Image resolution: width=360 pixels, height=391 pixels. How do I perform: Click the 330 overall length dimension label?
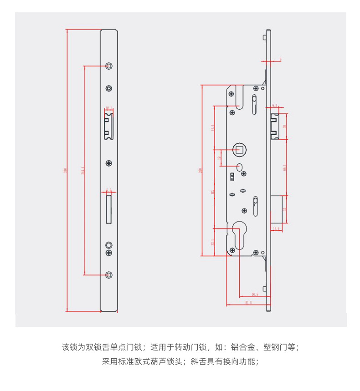click(x=66, y=171)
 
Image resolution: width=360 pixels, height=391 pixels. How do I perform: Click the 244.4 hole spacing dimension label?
click(x=82, y=171)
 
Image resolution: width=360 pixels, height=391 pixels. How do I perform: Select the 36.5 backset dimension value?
click(x=255, y=295)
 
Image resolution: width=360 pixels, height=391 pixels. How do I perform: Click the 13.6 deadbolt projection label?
click(x=276, y=229)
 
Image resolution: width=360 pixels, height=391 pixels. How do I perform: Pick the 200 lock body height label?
click(x=200, y=171)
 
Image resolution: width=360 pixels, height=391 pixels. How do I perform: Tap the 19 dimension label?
click(x=220, y=158)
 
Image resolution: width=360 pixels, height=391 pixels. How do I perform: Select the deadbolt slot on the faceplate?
click(x=108, y=208)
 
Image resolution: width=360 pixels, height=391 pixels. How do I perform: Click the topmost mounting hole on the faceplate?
click(x=108, y=66)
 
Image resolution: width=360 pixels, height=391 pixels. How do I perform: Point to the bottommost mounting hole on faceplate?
click(x=108, y=274)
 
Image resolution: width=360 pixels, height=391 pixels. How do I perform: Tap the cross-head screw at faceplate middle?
click(x=108, y=163)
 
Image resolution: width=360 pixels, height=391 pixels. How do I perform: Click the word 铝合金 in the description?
click(x=241, y=348)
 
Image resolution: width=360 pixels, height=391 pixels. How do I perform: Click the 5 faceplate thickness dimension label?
click(x=280, y=60)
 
